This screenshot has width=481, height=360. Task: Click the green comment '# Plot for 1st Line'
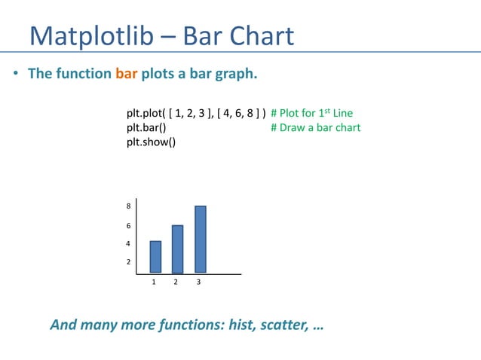[311, 114]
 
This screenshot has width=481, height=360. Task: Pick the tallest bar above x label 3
[200, 239]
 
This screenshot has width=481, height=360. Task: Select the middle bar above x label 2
[177, 249]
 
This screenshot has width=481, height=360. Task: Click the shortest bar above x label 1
[155, 257]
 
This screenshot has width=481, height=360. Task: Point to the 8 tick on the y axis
[128, 206]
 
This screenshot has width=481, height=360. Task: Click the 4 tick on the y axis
[128, 244]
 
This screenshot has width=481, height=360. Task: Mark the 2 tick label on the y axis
[128, 262]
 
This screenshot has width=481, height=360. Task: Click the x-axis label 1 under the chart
[154, 282]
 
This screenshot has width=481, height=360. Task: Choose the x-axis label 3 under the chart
[198, 282]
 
